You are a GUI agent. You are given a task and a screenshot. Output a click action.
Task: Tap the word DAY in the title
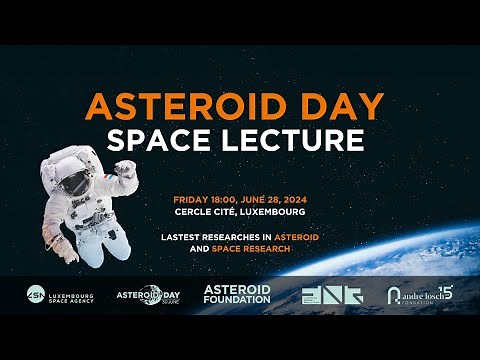tap(347, 105)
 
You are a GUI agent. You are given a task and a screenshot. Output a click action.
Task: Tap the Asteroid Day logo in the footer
tap(151, 295)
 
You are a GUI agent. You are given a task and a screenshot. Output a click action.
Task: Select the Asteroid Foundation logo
tap(237, 294)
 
